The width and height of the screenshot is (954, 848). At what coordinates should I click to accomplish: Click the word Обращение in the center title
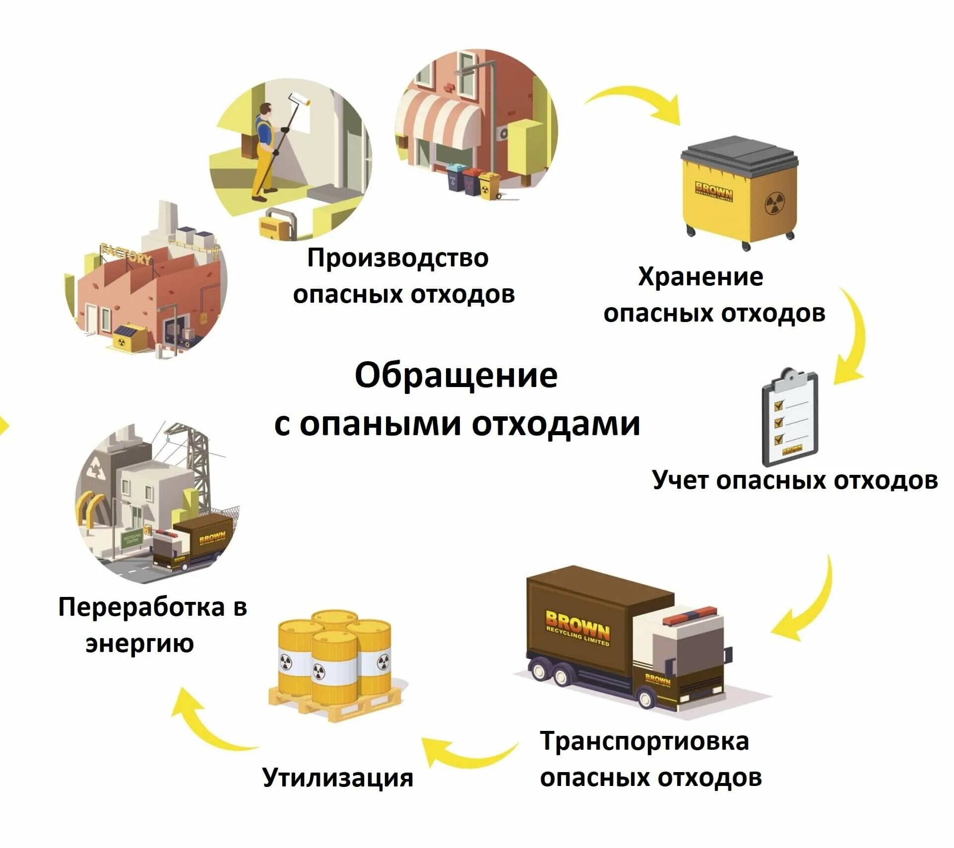pyautogui.click(x=455, y=376)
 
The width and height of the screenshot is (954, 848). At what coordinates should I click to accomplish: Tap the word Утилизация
pyautogui.click(x=337, y=778)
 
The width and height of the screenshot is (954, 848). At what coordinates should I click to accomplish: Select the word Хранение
pyautogui.click(x=700, y=277)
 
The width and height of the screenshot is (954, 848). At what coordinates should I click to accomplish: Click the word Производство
pyautogui.click(x=397, y=258)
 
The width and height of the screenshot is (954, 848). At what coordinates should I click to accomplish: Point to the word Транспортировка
pyautogui.click(x=644, y=741)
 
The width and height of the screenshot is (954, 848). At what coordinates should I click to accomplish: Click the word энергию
pyautogui.click(x=139, y=644)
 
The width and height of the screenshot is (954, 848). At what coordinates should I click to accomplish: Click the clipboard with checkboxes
pyautogui.click(x=789, y=417)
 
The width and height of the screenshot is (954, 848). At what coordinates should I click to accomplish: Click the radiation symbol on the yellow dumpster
pyautogui.click(x=774, y=203)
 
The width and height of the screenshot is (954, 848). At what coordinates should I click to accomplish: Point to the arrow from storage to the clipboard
pyautogui.click(x=853, y=337)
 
